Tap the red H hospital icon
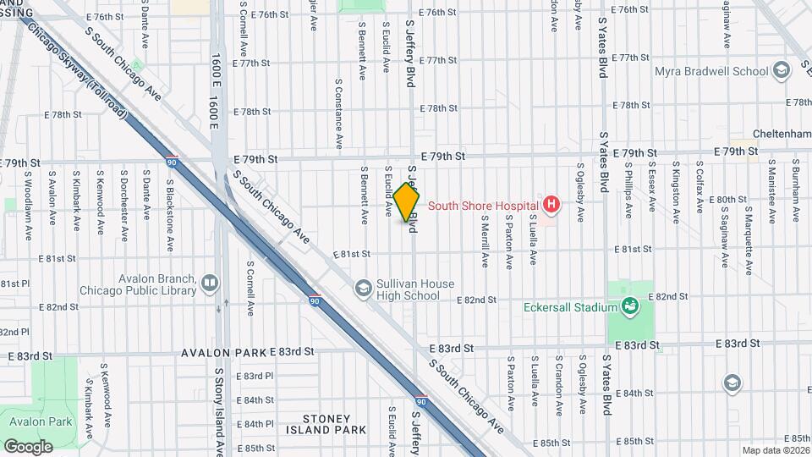pos(551,204)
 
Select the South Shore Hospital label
pos(483,205)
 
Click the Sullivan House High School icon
pos(363,289)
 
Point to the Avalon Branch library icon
pos(210,283)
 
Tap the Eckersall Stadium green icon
pos(628,306)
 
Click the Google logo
pos(28,446)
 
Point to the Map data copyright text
pos(774,450)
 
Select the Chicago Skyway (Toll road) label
pos(80,76)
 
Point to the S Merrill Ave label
pos(486,241)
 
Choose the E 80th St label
pos(728,200)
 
